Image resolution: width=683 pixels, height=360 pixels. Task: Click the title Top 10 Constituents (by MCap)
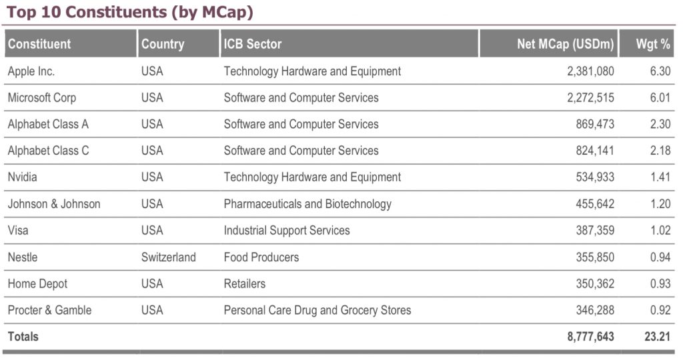(130, 12)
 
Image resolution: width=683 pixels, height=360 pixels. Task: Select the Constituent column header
(39, 44)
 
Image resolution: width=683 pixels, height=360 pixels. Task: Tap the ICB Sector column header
(253, 44)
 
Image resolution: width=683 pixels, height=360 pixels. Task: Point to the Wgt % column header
(653, 44)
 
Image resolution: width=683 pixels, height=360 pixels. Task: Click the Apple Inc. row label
(31, 71)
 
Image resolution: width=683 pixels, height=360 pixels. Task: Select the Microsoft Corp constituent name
(42, 97)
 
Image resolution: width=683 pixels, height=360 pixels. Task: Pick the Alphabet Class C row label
(48, 151)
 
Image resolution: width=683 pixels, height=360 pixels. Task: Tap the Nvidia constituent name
(23, 177)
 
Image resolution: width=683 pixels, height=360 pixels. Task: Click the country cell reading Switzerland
(169, 257)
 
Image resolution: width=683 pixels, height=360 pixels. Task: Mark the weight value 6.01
(660, 97)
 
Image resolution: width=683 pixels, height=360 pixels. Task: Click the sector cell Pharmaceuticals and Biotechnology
(307, 204)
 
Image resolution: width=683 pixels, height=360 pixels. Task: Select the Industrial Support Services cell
(287, 231)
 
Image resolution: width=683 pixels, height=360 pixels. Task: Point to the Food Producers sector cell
(261, 257)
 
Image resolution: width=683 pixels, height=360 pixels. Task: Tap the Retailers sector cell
(245, 284)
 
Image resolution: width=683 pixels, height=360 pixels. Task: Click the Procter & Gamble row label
(50, 311)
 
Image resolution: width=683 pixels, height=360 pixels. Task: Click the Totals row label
(23, 337)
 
